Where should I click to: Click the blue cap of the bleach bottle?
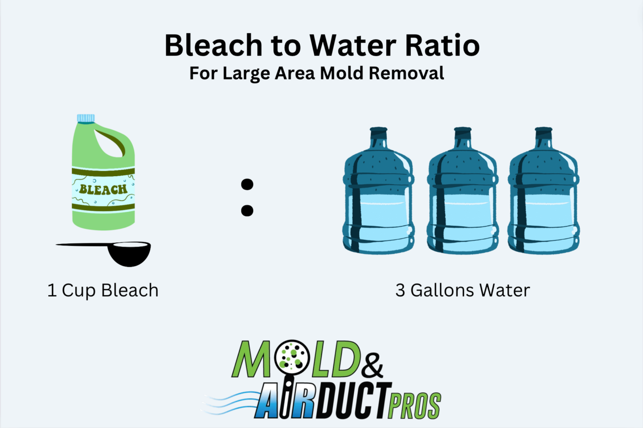tap(85, 118)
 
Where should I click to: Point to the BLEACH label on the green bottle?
tap(102, 189)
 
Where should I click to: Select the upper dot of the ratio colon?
tap(247, 185)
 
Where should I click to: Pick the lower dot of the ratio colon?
tap(247, 210)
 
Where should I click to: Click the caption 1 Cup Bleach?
tap(102, 291)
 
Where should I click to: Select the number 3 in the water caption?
tap(400, 291)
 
